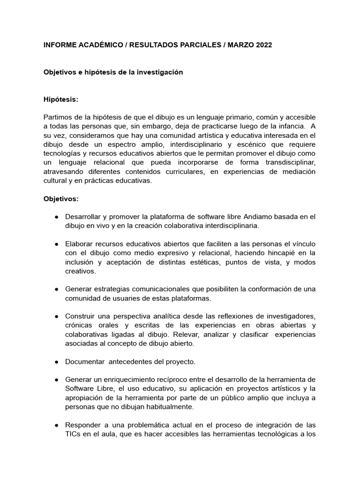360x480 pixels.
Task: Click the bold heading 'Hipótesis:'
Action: (x=61, y=100)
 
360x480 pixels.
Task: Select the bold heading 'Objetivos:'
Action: (x=61, y=199)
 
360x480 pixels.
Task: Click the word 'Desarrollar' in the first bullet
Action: (x=83, y=217)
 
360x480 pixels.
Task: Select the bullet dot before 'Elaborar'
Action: (x=56, y=244)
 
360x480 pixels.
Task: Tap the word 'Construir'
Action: (x=81, y=317)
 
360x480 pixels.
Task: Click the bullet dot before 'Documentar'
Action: (x=56, y=362)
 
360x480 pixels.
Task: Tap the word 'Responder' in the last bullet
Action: (x=82, y=425)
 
